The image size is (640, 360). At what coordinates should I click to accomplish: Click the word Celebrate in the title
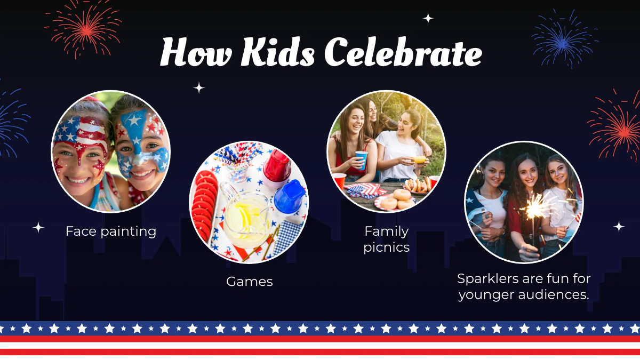point(403,52)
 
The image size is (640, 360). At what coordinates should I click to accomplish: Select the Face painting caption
point(111,231)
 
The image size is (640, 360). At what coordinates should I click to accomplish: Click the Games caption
point(249,281)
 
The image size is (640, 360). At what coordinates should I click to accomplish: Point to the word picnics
point(386,247)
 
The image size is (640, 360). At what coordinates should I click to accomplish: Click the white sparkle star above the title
point(428,18)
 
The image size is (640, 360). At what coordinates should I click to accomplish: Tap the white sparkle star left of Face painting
point(38,228)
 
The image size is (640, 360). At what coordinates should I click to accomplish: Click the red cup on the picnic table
point(339,181)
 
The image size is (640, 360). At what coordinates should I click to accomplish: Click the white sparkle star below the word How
point(199,87)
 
